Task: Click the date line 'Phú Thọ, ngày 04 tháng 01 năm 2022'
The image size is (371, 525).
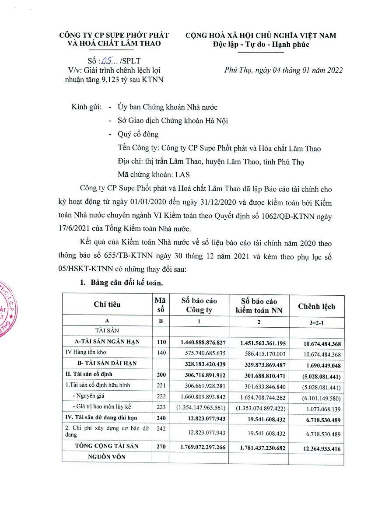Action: pos(283,70)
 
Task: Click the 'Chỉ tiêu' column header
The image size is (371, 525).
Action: pos(107,304)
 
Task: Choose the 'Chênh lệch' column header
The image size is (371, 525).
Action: pos(316,306)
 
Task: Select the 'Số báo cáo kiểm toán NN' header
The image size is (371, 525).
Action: pos(259,306)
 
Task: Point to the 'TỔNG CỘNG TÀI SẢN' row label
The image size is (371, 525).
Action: pos(107,446)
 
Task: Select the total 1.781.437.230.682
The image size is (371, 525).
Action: pos(259,448)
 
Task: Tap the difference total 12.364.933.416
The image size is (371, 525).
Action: pos(316,448)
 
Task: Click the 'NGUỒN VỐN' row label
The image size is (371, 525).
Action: pos(107,457)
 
